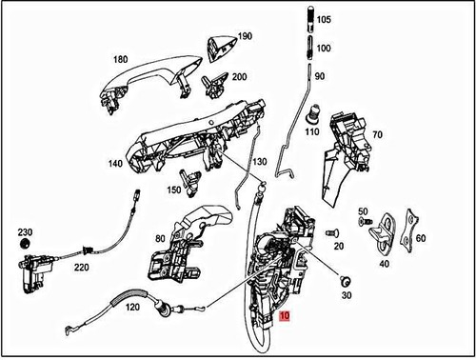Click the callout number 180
[119, 59]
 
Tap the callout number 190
[245, 36]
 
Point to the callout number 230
[25, 232]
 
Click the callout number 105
[325, 19]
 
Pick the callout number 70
[377, 136]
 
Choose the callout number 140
[114, 165]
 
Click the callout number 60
[421, 239]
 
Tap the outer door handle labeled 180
[143, 84]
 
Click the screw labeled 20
[330, 231]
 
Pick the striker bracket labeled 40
[385, 227]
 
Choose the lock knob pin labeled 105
[309, 18]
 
